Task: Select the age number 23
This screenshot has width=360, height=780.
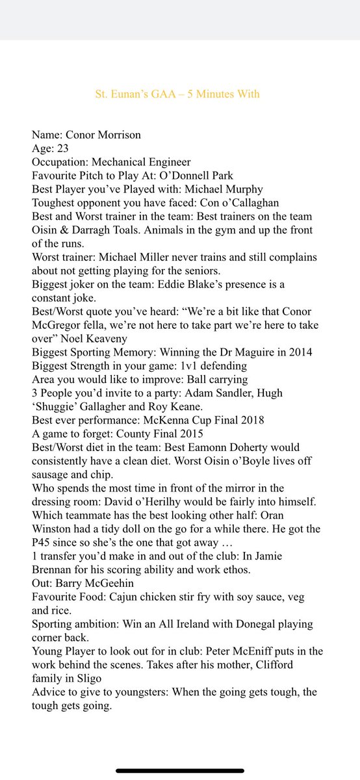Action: pos(64,149)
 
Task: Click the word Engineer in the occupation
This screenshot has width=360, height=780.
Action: pos(169,162)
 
